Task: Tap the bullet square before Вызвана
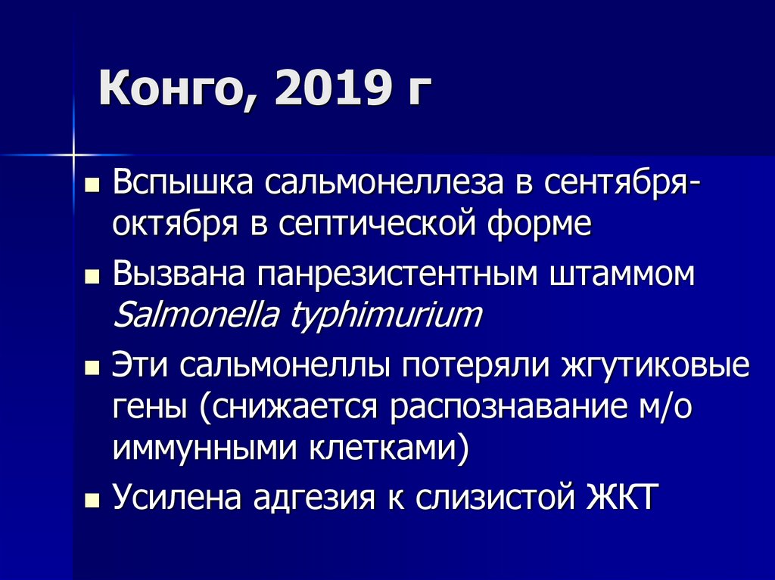click(92, 277)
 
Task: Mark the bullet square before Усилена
click(92, 501)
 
